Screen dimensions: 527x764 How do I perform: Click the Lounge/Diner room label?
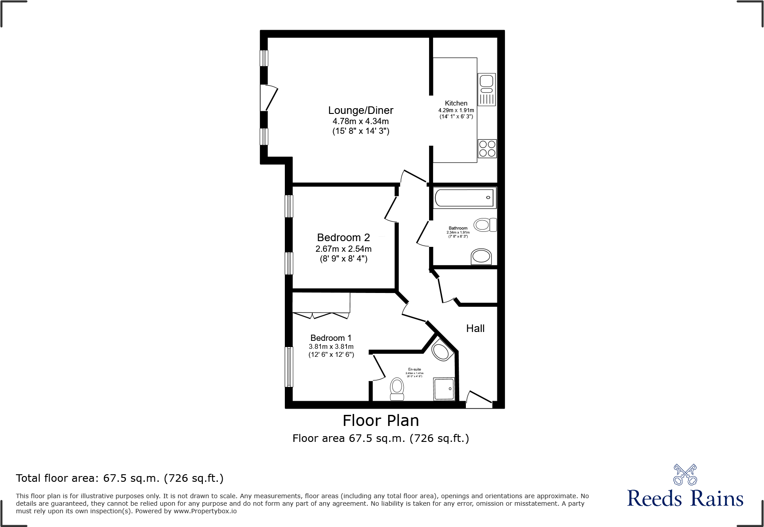click(x=360, y=110)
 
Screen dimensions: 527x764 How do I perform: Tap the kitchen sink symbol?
click(x=487, y=89)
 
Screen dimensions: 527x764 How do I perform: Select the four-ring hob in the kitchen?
click(x=487, y=148)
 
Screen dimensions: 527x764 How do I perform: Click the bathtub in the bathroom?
click(x=464, y=198)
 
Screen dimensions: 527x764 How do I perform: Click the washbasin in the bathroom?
click(x=481, y=256)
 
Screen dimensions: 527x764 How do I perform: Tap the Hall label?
click(x=475, y=328)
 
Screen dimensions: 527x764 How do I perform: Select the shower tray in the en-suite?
click(x=444, y=389)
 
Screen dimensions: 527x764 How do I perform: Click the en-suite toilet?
click(x=397, y=389)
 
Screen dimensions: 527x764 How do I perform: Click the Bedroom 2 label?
click(x=343, y=238)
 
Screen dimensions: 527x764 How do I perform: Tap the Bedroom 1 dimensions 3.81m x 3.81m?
click(x=331, y=347)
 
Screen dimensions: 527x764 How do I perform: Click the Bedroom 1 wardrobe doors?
click(x=321, y=315)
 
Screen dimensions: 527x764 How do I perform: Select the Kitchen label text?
click(x=456, y=103)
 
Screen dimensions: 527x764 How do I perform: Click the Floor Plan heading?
click(x=381, y=420)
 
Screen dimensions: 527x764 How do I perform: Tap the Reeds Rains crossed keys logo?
click(x=685, y=475)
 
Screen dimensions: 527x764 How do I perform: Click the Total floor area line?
click(x=120, y=478)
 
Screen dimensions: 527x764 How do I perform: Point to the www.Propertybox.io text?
click(x=205, y=511)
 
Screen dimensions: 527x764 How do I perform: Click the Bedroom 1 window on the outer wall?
click(x=289, y=367)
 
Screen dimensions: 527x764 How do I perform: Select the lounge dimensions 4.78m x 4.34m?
click(x=360, y=121)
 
